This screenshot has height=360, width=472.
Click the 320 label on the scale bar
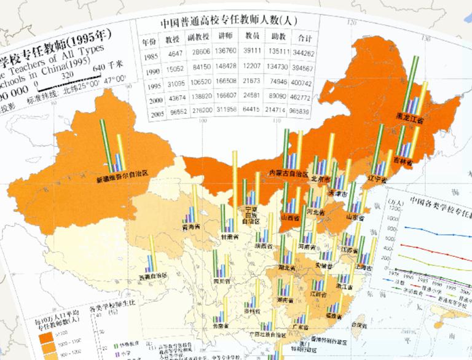(x=58, y=74)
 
